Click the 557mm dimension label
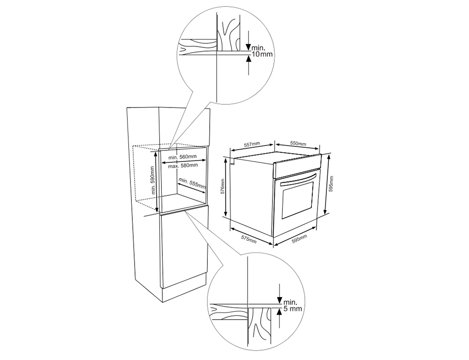pos(252,145)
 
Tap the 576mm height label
pos(222,186)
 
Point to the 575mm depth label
pos(249,239)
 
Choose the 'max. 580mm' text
pos(183,166)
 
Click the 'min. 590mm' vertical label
pos(153,180)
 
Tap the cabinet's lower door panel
pos(183,248)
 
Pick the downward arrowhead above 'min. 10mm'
pos(248,47)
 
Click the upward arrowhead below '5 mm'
pos(279,312)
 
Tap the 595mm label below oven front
pos(299,239)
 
